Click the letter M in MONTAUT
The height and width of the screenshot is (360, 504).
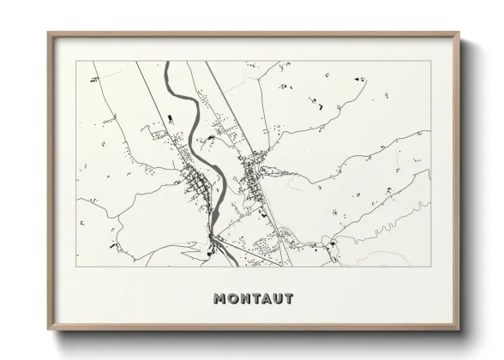pos(219,299)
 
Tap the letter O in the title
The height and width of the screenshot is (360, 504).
pos(232,299)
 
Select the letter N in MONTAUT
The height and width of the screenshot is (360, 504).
pos(244,299)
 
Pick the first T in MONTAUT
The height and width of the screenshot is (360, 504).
pos(255,299)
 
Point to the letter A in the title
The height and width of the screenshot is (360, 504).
pos(266,299)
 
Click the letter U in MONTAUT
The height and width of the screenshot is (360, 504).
pos(278,299)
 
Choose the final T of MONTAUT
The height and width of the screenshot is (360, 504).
pos(289,299)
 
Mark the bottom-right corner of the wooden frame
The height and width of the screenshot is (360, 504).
pos(459,331)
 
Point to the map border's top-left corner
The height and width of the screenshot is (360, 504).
pos(76,61)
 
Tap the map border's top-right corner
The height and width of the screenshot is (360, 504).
pos(431,61)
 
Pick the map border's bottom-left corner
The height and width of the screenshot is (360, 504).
pos(76,267)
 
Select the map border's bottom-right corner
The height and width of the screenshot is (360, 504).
pos(431,267)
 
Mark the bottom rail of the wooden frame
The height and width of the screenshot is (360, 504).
pos(254,328)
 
